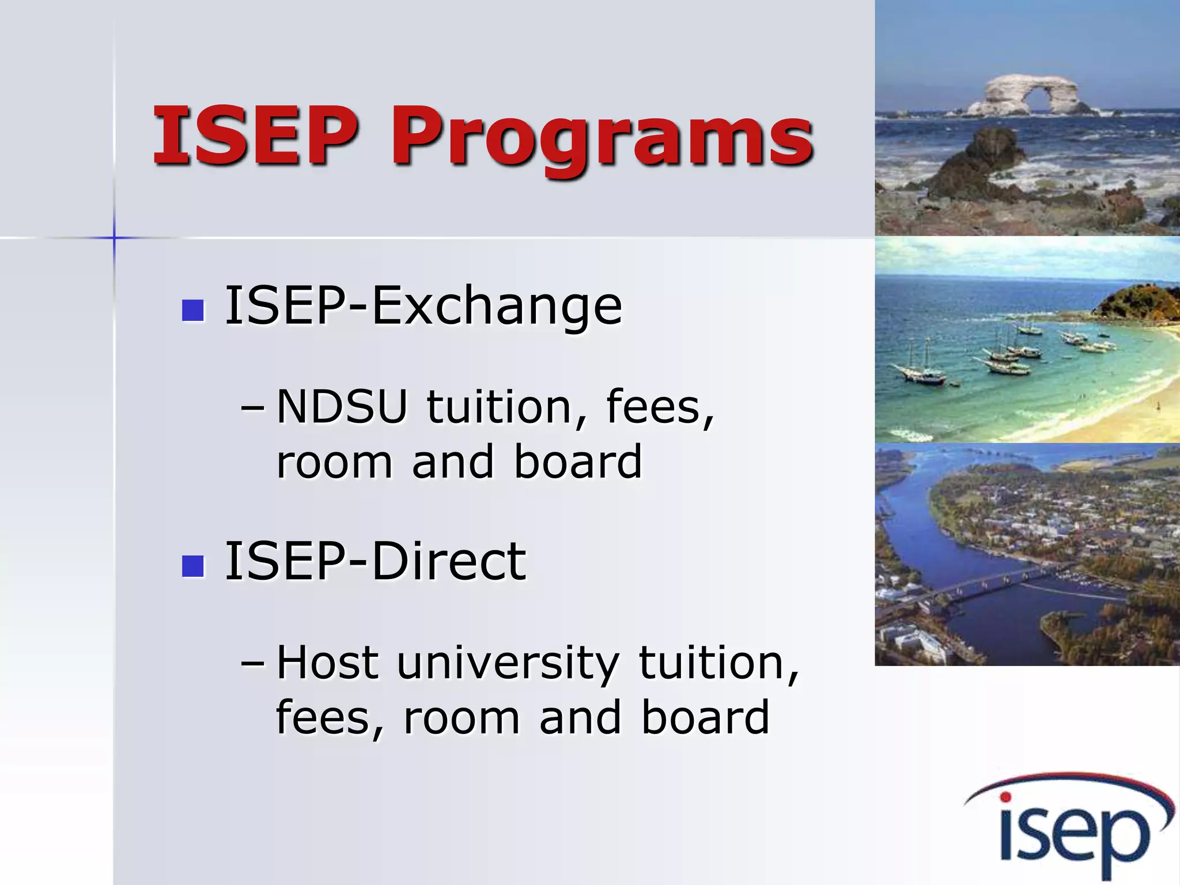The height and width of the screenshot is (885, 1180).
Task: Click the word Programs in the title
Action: point(602,138)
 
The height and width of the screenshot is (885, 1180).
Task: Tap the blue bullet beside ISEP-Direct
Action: point(192,566)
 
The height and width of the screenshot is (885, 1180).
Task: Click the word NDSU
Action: point(342,407)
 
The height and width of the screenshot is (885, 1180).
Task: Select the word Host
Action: point(327,663)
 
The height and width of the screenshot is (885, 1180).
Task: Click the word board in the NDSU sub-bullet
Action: point(577,462)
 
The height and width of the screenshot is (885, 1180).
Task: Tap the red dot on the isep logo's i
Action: point(1005,797)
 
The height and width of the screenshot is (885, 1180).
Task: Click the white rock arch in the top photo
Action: point(1031,95)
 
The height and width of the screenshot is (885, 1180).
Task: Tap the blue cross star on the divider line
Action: point(114,237)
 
